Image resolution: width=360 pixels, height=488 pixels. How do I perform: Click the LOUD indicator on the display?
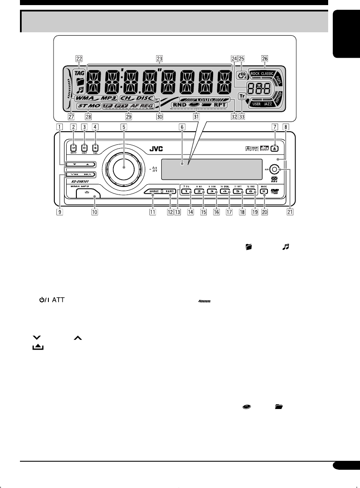click(x=205, y=98)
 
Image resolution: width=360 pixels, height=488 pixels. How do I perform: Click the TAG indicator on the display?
click(x=79, y=73)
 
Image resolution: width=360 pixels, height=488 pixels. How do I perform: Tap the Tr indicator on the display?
click(x=242, y=96)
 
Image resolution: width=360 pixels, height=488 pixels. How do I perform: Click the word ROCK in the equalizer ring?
click(x=255, y=73)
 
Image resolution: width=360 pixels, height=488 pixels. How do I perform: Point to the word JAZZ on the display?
click(x=267, y=103)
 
